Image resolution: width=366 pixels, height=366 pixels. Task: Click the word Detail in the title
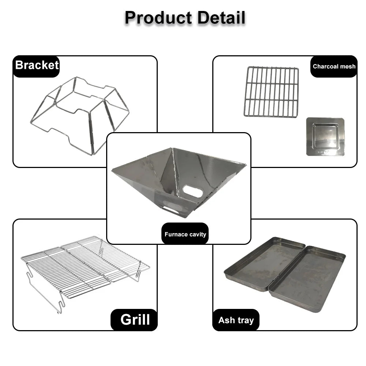pyautogui.click(x=221, y=18)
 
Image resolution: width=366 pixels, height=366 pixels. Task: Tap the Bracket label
pyautogui.click(x=37, y=65)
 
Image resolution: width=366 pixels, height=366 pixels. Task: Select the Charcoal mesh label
pyautogui.click(x=334, y=67)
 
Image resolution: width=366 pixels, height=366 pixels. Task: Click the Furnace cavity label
pyautogui.click(x=185, y=234)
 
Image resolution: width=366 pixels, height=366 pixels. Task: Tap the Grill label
pyautogui.click(x=135, y=320)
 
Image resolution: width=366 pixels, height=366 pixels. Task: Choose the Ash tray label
pyautogui.click(x=236, y=320)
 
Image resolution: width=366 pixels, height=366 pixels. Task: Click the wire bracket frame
pyautogui.click(x=80, y=116)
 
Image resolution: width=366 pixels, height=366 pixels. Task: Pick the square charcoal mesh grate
pyautogui.click(x=271, y=92)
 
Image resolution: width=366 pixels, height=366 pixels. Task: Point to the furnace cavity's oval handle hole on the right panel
pyautogui.click(x=193, y=191)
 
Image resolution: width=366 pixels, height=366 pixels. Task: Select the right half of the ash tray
pyautogui.click(x=307, y=279)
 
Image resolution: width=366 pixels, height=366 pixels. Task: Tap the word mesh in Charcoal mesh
pyautogui.click(x=348, y=67)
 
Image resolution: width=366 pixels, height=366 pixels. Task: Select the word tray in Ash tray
pyautogui.click(x=246, y=321)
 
